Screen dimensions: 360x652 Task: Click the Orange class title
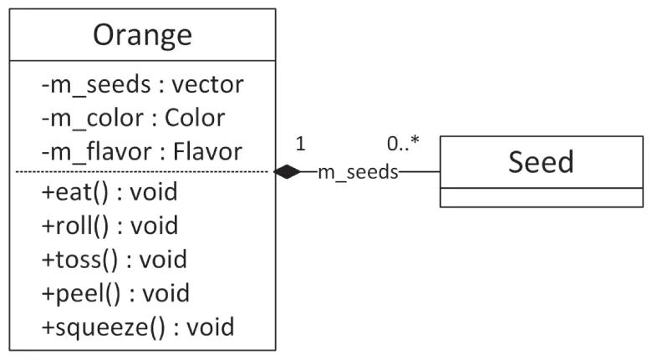pos(142,35)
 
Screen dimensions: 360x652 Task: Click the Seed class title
pos(541,161)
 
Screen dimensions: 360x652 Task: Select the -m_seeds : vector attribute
pos(142,84)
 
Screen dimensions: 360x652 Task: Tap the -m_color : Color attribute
pos(133,118)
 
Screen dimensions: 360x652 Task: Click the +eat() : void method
pos(110,192)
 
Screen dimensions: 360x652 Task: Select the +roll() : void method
pos(110,226)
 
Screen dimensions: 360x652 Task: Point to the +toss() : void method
pos(114,259)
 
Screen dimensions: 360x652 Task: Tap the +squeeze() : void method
pos(138,326)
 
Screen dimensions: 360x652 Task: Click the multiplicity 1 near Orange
pos(300,144)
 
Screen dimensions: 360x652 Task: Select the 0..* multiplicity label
pos(403,144)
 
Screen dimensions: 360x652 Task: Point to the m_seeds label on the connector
pos(358,172)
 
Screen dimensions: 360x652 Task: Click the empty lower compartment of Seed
pos(541,197)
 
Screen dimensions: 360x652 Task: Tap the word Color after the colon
pos(195,118)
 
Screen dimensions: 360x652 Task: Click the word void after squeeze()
pos(211,326)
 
